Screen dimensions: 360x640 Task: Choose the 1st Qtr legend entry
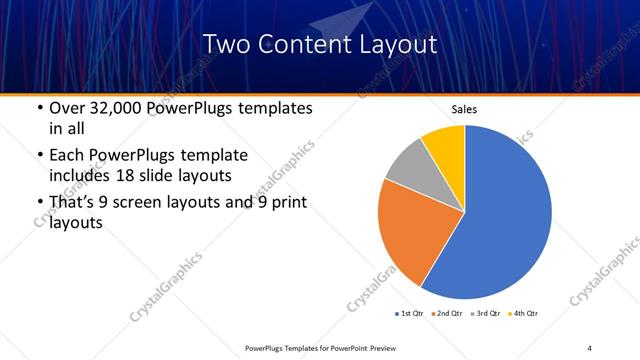pos(411,314)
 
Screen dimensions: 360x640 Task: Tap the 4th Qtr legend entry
pos(525,314)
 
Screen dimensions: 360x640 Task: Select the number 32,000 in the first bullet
pos(115,108)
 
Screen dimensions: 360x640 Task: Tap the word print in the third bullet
pos(287,203)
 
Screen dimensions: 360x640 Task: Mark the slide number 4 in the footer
pos(590,347)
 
